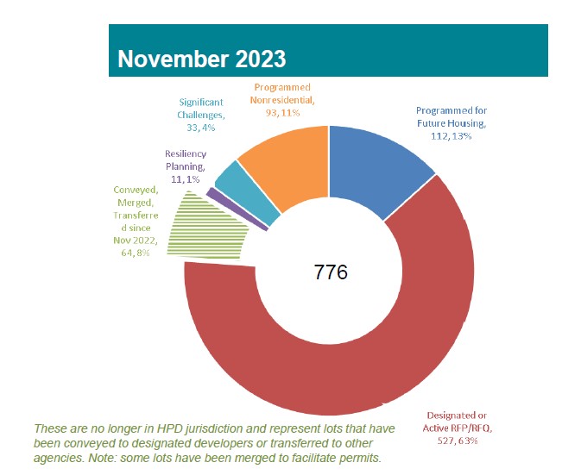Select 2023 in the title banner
point(257,59)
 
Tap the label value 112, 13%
point(450,136)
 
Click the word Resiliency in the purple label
point(184,154)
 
